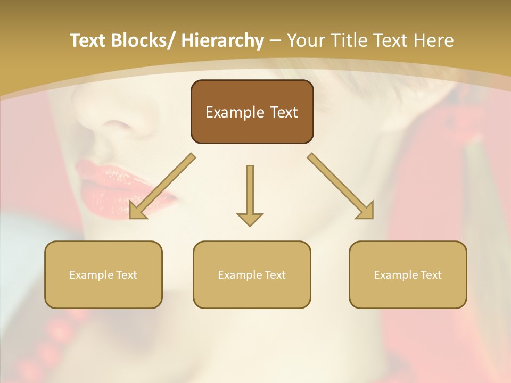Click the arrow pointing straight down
pos(250,194)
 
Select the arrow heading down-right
pos(341,186)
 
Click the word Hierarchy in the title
pos(222,41)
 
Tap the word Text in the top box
pos(283,112)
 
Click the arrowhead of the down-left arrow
pos(137,210)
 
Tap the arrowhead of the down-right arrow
pos(365,210)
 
